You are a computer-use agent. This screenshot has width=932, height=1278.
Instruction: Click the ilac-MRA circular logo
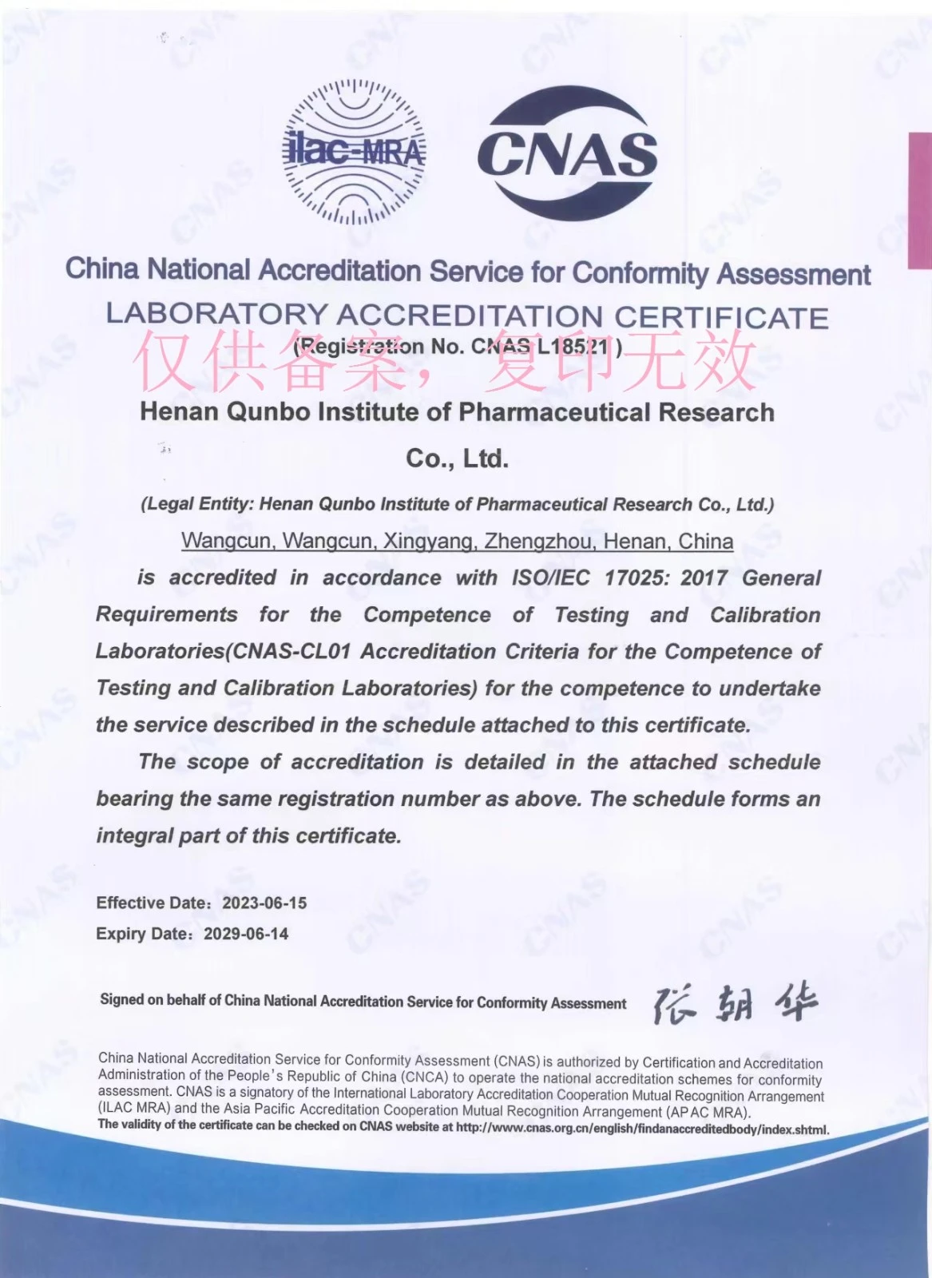tap(355, 152)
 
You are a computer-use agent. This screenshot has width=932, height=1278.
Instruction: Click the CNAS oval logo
tap(567, 152)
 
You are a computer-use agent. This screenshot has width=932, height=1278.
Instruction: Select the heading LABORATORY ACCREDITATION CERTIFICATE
tap(467, 316)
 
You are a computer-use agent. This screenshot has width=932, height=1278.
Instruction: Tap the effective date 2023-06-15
tap(264, 903)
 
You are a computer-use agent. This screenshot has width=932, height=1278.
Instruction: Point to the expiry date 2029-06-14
tap(246, 934)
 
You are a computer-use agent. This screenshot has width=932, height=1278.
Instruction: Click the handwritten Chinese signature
tap(735, 1004)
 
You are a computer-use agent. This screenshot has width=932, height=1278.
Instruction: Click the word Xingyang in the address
tap(429, 542)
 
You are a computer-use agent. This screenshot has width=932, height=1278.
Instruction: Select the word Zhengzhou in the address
tap(539, 542)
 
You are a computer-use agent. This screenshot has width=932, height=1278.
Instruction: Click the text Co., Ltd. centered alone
tap(457, 458)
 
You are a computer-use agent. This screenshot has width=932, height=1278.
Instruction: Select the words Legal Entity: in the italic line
tap(198, 505)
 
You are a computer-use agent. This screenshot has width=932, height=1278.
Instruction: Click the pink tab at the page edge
tap(920, 200)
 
